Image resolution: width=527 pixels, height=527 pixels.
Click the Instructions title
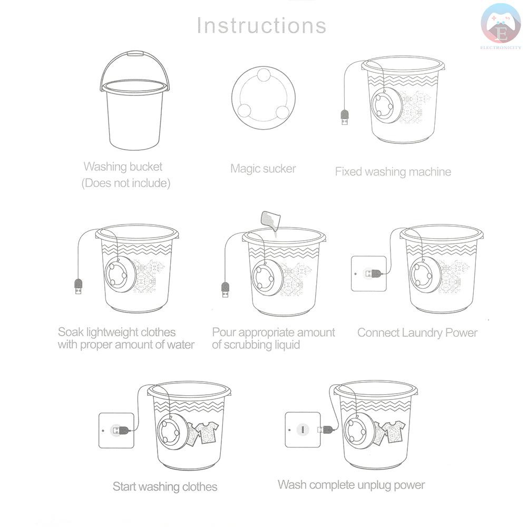[x=261, y=25]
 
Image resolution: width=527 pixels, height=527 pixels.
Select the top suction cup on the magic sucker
[x=263, y=75]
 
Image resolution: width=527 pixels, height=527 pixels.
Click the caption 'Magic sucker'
[x=263, y=169]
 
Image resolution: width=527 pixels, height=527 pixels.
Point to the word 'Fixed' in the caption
[x=348, y=172]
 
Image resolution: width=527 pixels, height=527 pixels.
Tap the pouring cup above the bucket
[x=269, y=220]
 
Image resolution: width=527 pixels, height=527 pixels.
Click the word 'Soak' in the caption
[x=71, y=332]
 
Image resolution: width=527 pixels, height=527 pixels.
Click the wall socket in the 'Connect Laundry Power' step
[x=369, y=274]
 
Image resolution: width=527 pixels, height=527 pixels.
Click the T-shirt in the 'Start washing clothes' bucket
[x=207, y=433]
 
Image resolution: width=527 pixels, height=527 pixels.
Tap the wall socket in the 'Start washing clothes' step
[x=116, y=431]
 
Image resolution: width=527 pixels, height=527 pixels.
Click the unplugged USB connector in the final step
[x=325, y=429]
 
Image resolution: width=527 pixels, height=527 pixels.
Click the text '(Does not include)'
[x=126, y=183]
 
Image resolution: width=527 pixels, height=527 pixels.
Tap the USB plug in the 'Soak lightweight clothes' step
[x=79, y=287]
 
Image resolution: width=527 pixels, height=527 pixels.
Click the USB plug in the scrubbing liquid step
[x=225, y=290]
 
